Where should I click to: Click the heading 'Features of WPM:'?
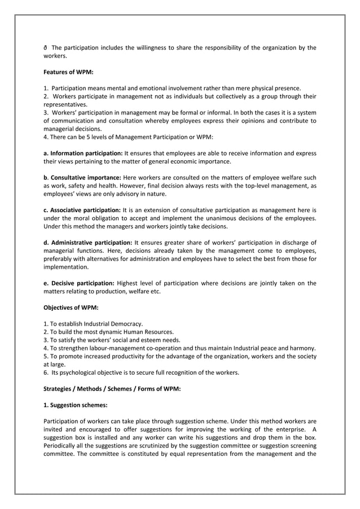click(64, 72)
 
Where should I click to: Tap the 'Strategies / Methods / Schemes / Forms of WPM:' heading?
click(112, 389)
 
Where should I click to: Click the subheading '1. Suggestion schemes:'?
click(73, 405)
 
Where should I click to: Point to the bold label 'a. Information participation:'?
click(83, 153)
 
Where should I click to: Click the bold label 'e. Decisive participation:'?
click(79, 283)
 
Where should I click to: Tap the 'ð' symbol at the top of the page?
click(46, 47)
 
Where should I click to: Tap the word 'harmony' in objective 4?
click(303, 348)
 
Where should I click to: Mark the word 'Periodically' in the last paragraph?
click(62, 444)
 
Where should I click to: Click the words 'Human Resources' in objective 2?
click(148, 332)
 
